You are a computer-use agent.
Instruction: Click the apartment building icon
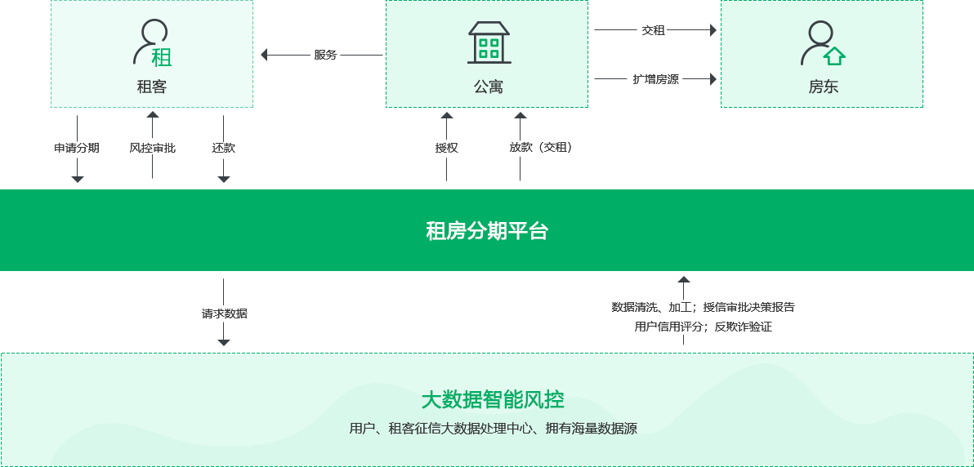coord(489,42)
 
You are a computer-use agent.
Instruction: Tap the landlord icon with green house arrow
coord(822,43)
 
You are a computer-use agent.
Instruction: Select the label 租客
coord(152,87)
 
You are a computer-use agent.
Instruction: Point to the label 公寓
coord(488,87)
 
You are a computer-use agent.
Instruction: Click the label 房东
coord(823,87)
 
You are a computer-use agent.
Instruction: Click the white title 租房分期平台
coord(487,231)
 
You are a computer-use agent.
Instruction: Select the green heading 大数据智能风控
coord(493,400)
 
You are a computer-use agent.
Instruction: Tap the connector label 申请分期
coord(77,148)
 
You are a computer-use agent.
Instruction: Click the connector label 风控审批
coord(153,148)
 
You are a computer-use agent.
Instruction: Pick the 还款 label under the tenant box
coord(224,148)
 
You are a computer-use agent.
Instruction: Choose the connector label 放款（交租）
coord(540,148)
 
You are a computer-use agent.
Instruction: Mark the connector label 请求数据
coord(224,314)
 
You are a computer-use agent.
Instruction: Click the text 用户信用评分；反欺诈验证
coord(703,326)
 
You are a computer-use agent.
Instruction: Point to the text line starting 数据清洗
coord(703,308)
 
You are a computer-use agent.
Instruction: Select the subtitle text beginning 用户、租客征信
coord(493,428)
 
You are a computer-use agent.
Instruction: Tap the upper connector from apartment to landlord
coord(654,30)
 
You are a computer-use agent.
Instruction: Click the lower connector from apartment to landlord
coord(654,79)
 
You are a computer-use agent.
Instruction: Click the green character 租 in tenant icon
coord(162,57)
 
